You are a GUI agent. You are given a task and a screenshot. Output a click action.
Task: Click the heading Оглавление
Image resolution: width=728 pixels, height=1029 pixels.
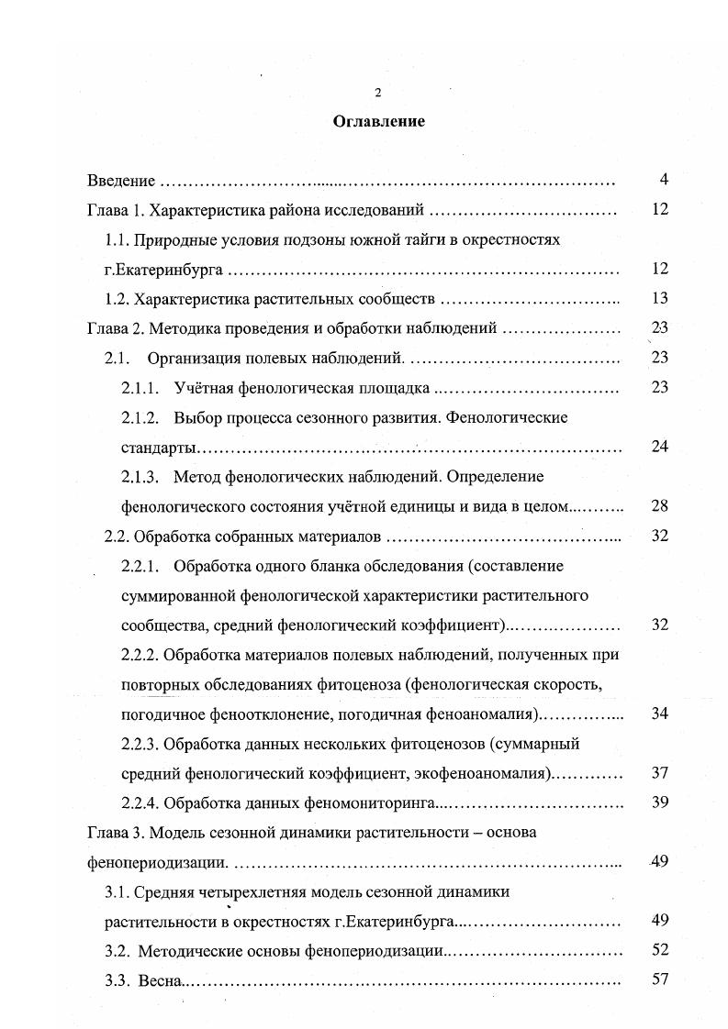[378, 122]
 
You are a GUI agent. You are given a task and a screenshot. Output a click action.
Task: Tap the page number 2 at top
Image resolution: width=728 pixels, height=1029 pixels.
[376, 93]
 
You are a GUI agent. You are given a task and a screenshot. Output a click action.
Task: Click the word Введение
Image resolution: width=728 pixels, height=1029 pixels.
[119, 182]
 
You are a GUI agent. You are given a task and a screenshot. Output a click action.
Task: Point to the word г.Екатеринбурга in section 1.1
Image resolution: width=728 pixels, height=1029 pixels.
[164, 270]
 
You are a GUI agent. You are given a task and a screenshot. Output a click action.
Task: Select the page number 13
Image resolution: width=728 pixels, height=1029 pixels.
[659, 298]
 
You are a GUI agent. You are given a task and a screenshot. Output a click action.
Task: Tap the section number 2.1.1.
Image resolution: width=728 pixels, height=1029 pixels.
[140, 388]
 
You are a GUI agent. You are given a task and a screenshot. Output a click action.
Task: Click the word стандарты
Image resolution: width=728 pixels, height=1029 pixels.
[158, 448]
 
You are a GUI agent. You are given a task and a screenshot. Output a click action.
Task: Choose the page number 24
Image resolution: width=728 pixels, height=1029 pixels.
[659, 447]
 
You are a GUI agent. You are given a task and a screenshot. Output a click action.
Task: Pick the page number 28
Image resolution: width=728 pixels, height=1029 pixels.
[659, 506]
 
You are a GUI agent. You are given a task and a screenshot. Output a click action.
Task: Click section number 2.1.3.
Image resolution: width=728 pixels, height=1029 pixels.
[140, 477]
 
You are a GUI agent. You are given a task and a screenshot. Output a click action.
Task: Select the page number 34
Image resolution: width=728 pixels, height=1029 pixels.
[659, 714]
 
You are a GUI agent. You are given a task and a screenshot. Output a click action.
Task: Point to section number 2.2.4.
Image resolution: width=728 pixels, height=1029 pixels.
[141, 803]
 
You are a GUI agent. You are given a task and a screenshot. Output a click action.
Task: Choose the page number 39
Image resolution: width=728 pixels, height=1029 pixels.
[659, 802]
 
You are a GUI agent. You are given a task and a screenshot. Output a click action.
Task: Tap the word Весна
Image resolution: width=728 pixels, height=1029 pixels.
[161, 979]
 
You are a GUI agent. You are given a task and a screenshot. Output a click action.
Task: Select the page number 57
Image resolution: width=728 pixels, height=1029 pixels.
[659, 979]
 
